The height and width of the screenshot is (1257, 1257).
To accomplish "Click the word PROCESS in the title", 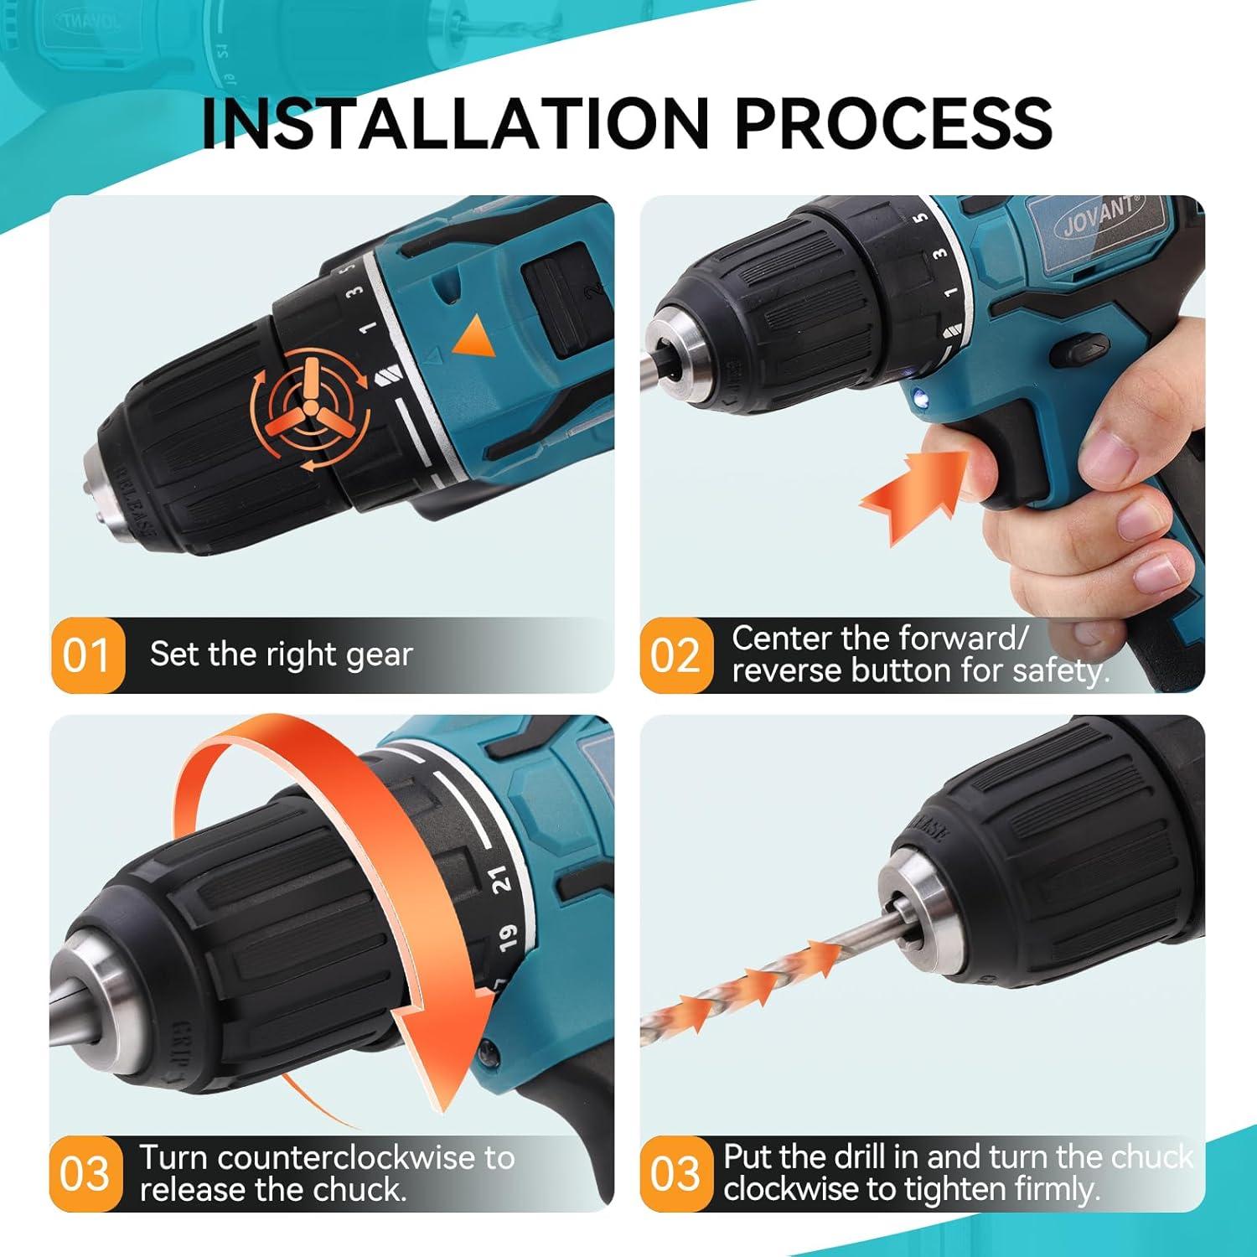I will coord(892,123).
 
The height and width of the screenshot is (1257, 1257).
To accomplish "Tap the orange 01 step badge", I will coord(87,655).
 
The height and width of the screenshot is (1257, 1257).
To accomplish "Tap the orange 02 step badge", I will coord(675,655).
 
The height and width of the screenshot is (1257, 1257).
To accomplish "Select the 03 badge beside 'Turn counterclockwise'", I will coord(85,1173).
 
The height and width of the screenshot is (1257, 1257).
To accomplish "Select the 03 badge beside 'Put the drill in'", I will coord(675,1173).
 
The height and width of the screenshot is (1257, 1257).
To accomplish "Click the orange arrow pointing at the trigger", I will coord(913,494).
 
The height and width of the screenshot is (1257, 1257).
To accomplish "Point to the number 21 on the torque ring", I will coord(500,880).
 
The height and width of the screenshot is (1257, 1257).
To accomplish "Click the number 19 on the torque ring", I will coord(508,938).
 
